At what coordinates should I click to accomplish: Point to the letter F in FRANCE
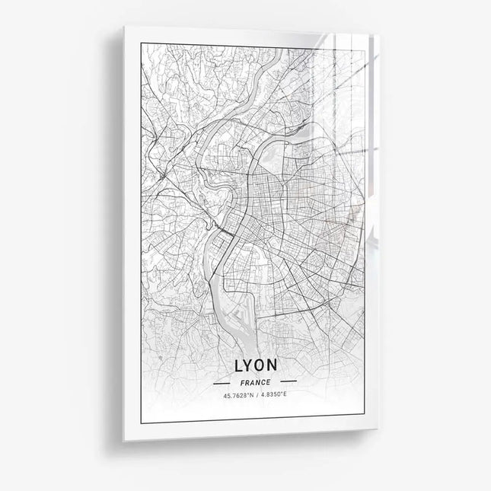241,381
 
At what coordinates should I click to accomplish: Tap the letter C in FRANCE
263,381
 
